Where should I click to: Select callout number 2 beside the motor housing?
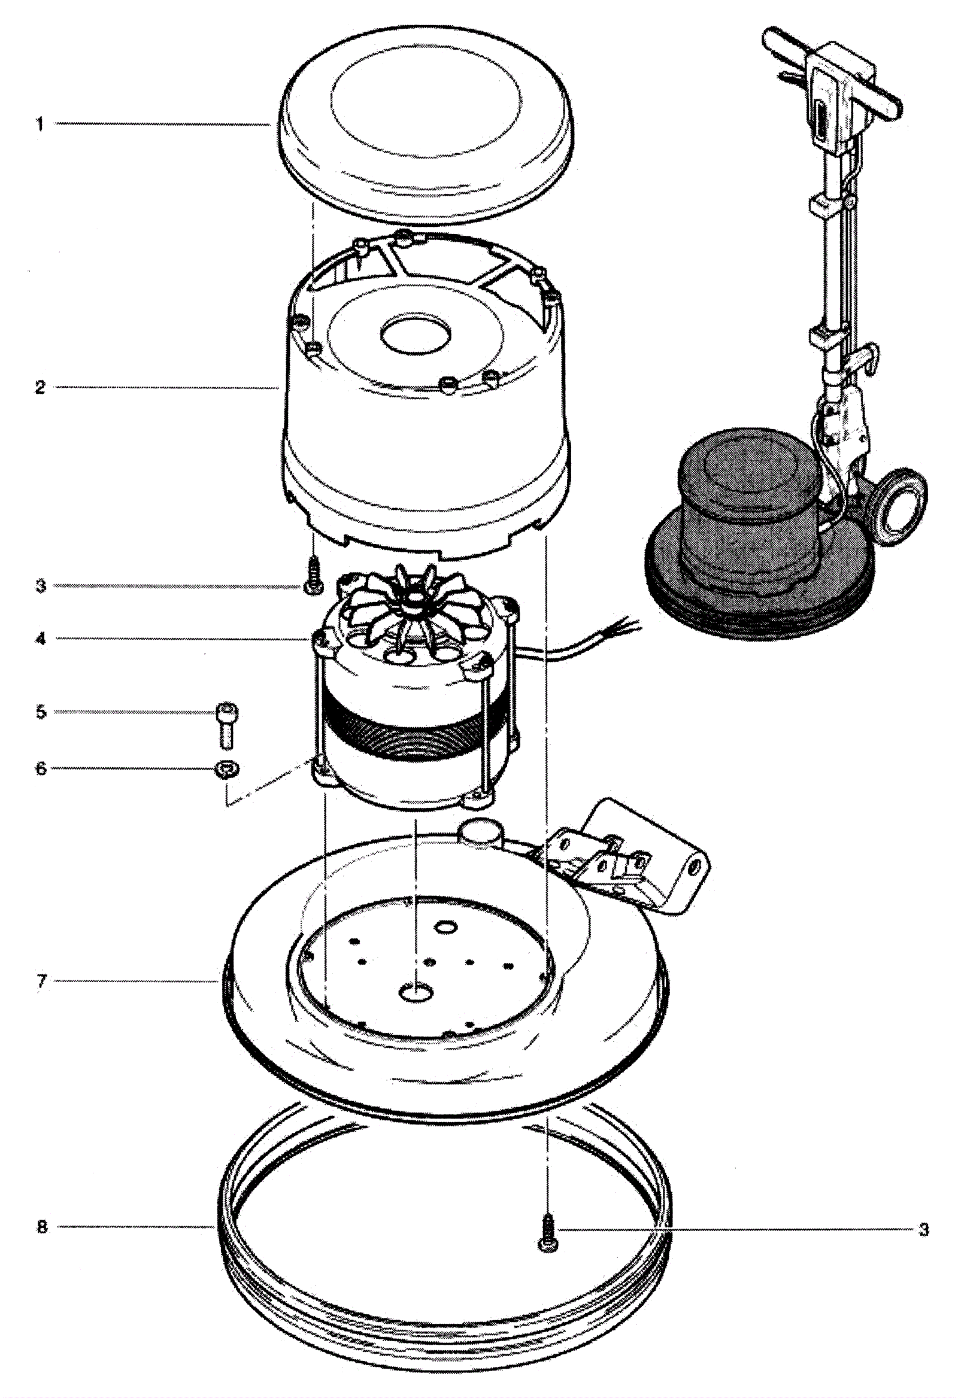click(x=40, y=388)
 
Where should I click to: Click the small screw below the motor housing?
click(x=313, y=576)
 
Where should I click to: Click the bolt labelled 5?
click(x=226, y=726)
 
